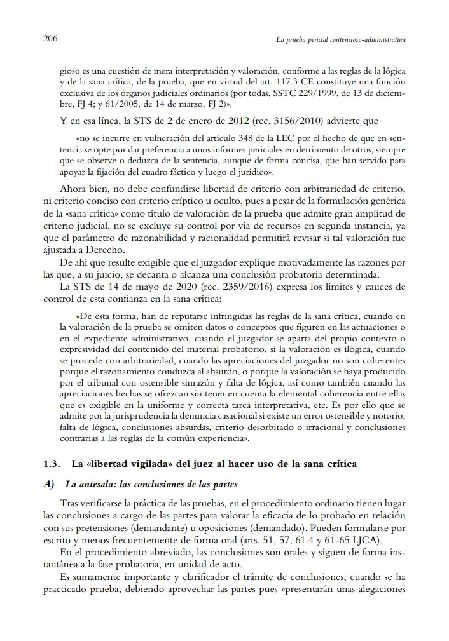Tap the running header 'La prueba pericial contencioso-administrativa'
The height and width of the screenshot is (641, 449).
(x=341, y=40)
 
